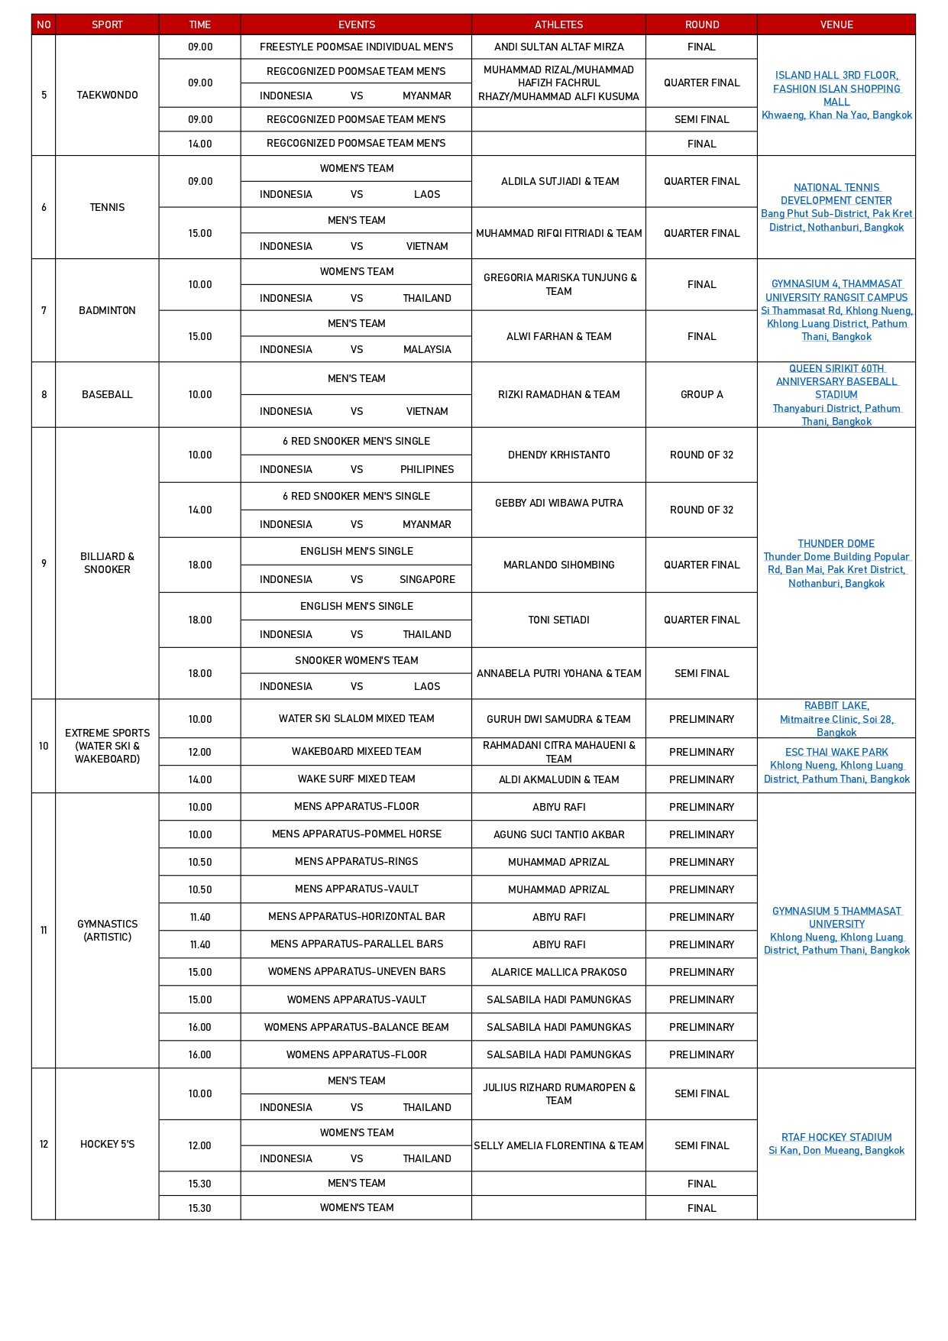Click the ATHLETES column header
pyautogui.click(x=558, y=24)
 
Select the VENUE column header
pyautogui.click(x=836, y=24)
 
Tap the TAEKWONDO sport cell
pyautogui.click(x=107, y=95)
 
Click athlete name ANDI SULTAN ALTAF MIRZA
pyautogui.click(x=558, y=47)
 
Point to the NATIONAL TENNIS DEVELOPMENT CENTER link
pyautogui.click(x=836, y=193)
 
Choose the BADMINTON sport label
pyautogui.click(x=107, y=310)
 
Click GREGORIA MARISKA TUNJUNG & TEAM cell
pyautogui.click(x=558, y=284)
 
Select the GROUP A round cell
pyautogui.click(x=701, y=394)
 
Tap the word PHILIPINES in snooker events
pyautogui.click(x=427, y=469)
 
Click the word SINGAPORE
pyautogui.click(x=427, y=579)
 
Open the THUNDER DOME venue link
pyautogui.click(x=836, y=543)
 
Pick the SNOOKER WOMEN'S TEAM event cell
pyautogui.click(x=357, y=660)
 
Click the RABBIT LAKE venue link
pyautogui.click(x=836, y=705)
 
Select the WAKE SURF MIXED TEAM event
pyautogui.click(x=357, y=779)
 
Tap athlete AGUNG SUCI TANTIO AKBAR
pyautogui.click(x=558, y=834)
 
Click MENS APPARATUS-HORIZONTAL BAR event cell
pyautogui.click(x=357, y=916)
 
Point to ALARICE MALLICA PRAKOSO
pyautogui.click(x=558, y=972)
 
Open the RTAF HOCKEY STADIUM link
pyautogui.click(x=836, y=1137)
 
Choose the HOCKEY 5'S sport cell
pyautogui.click(x=107, y=1144)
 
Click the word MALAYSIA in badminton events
pyautogui.click(x=427, y=349)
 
